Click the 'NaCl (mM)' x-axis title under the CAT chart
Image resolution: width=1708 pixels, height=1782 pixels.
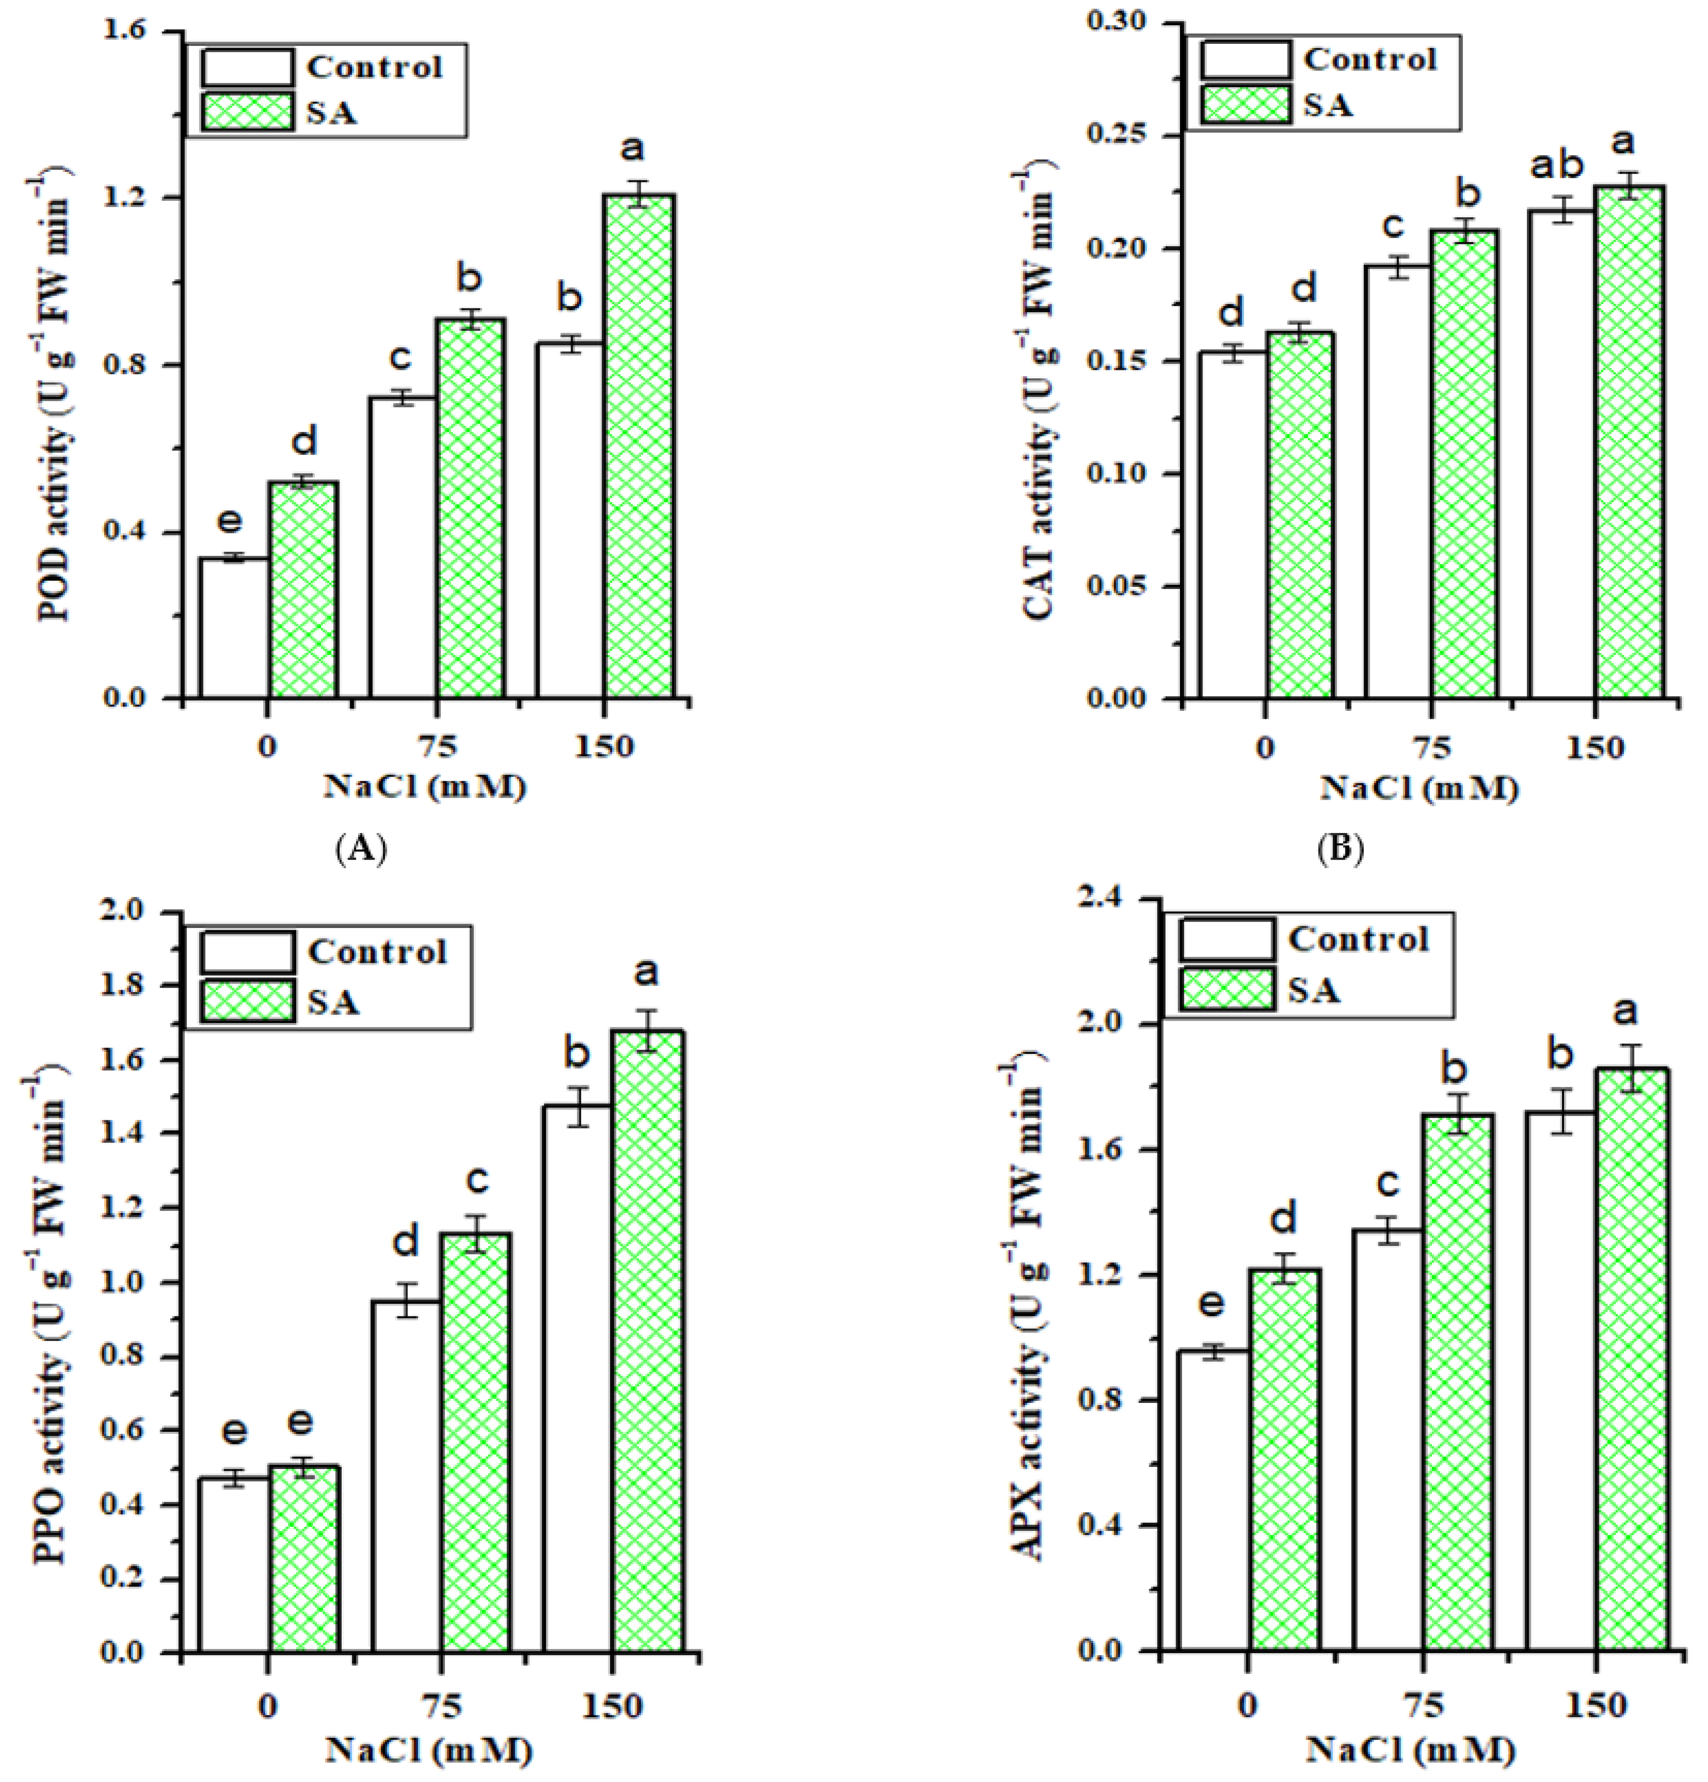1419,787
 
